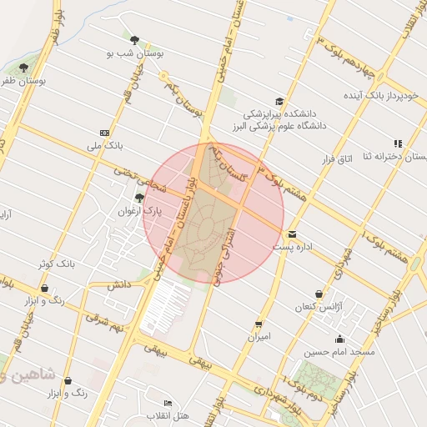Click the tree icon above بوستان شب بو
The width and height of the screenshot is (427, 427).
pyautogui.click(x=134, y=38)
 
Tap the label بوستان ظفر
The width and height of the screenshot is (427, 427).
pyautogui.click(x=23, y=81)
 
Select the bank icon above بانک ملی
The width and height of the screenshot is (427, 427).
pyautogui.click(x=104, y=133)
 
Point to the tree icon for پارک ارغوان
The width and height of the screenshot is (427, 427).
pyautogui.click(x=139, y=198)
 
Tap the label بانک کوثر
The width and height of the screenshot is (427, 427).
pyautogui.click(x=57, y=264)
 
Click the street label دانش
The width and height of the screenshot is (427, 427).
pyautogui.click(x=119, y=285)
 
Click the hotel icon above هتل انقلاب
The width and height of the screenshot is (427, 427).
pyautogui.click(x=168, y=404)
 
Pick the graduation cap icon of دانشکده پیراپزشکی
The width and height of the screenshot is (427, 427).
pyautogui.click(x=279, y=100)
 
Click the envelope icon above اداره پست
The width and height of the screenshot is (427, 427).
pyautogui.click(x=291, y=234)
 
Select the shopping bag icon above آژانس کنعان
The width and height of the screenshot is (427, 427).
pyautogui.click(x=319, y=294)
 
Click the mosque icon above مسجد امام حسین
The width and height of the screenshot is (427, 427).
pyautogui.click(x=339, y=339)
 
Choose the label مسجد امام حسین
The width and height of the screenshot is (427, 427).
pyautogui.click(x=341, y=352)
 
